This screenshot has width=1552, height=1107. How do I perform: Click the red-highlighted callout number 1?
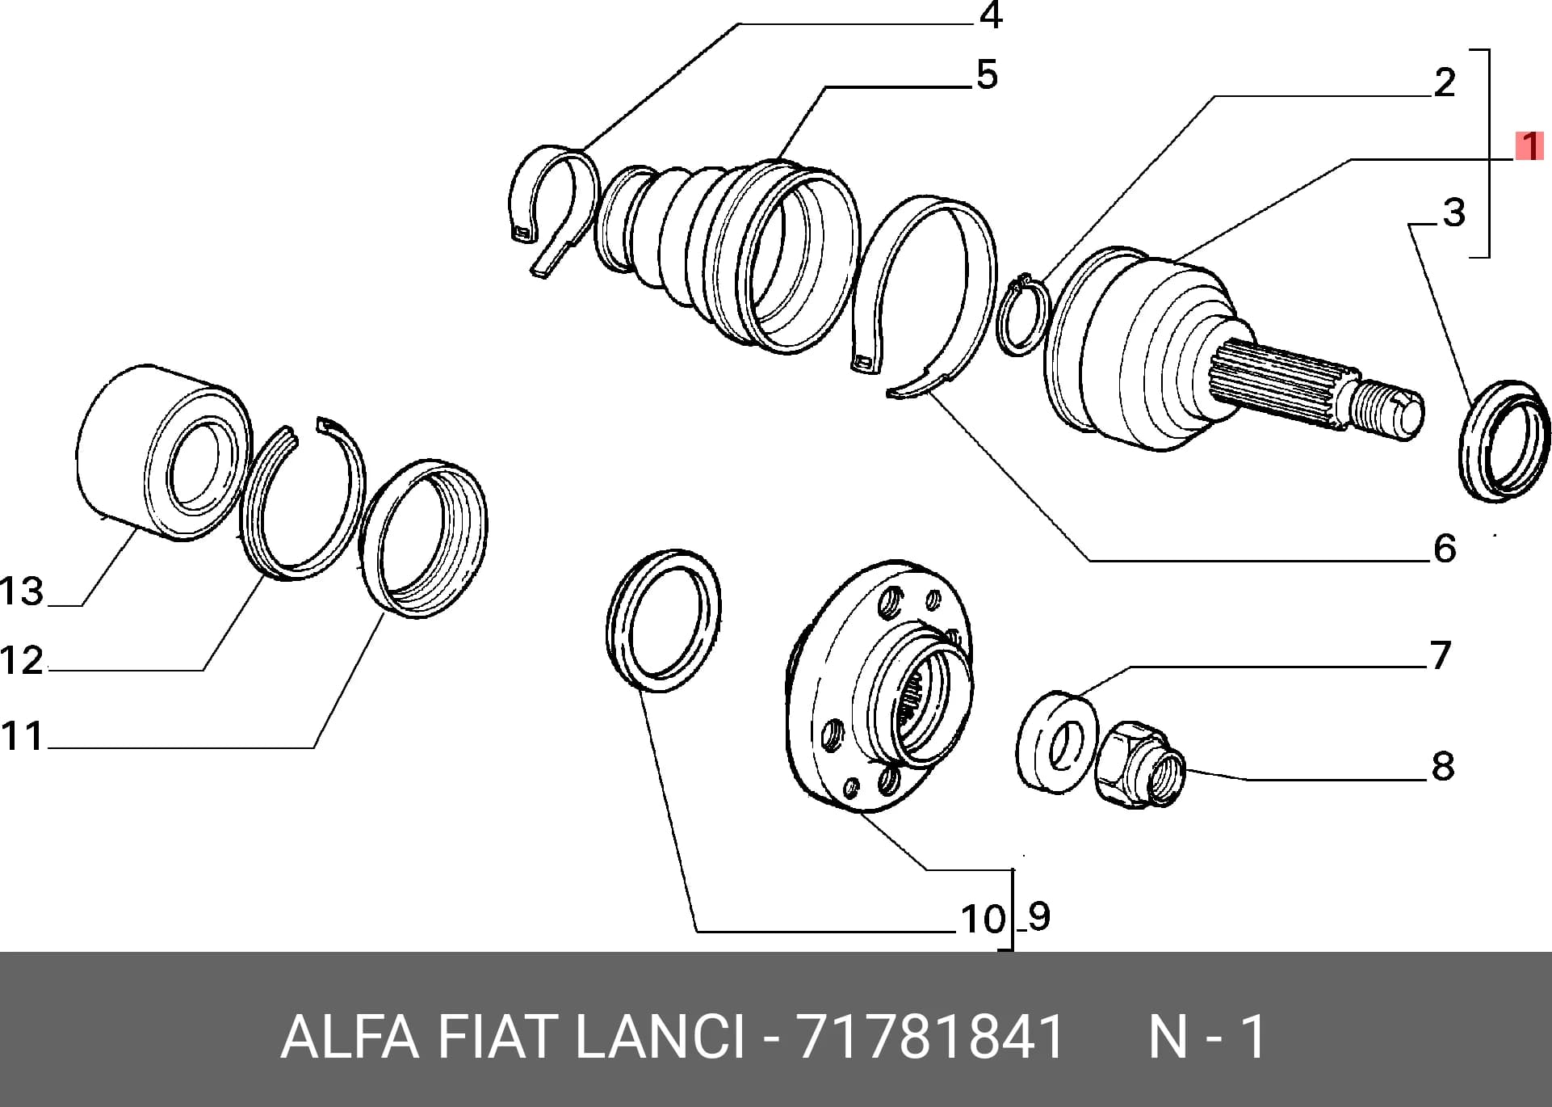coord(1529,147)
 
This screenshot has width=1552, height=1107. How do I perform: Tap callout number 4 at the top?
coord(990,15)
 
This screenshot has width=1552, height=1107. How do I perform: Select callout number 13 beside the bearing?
coord(22,591)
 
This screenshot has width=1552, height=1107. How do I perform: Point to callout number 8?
coord(1442,766)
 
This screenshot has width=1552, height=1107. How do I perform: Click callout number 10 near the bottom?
coord(983,919)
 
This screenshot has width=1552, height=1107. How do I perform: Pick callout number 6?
coord(1445,549)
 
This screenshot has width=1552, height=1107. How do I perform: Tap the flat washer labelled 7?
coord(1056,741)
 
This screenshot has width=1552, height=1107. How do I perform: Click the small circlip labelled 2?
coord(1023,314)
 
